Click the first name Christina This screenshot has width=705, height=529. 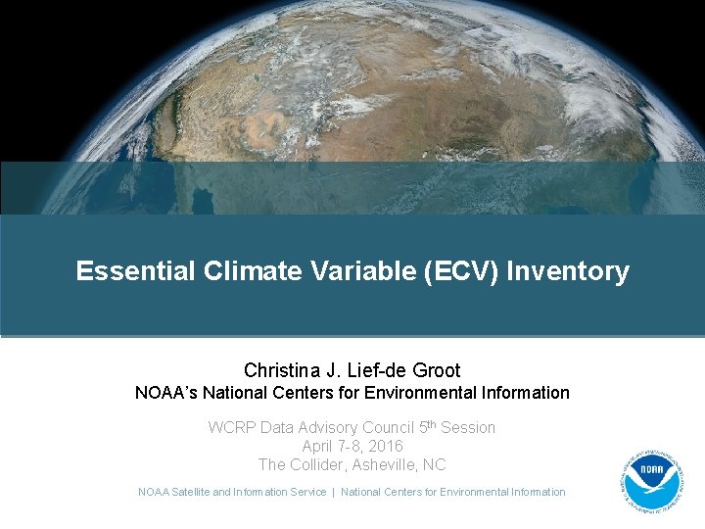coord(284,370)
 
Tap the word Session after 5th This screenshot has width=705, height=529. coord(468,428)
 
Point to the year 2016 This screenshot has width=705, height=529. coord(385,446)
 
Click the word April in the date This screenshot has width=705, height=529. coord(319,446)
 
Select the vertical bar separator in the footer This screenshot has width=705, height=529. coord(333,492)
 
